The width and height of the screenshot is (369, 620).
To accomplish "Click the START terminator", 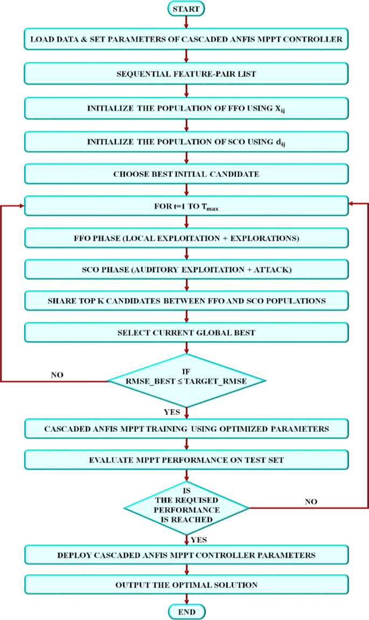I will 186,9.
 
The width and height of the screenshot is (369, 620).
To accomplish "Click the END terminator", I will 186,612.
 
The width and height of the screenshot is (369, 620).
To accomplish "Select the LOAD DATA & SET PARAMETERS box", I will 186,39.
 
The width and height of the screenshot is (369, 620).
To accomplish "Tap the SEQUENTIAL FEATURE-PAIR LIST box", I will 186,73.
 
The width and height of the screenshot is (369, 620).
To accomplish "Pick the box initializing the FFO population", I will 186,108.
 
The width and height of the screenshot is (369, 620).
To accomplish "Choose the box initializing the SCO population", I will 186,141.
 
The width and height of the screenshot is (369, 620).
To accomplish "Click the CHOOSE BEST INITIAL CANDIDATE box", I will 186,174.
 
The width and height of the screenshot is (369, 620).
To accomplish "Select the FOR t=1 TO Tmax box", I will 186,206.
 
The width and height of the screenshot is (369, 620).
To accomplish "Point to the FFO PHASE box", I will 186,237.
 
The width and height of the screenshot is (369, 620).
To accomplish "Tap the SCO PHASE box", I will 186,269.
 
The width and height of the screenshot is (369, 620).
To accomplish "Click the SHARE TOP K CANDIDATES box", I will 186,301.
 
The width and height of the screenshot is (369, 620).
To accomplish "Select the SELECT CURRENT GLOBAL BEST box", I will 186,333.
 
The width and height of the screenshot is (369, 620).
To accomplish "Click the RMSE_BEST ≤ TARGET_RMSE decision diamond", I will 186,381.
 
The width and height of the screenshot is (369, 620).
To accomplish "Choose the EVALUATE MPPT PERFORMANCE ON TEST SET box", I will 186,460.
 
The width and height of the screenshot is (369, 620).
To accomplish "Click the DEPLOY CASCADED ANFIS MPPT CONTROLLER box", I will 186,555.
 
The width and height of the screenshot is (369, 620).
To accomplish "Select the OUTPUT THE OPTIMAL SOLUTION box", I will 186,584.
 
